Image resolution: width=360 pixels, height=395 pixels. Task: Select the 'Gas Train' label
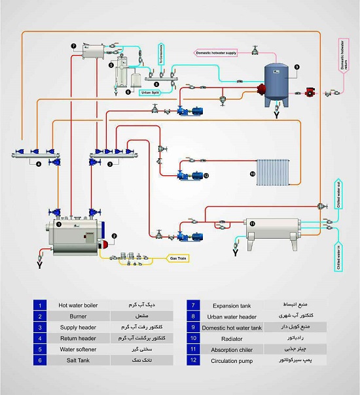tap(179, 258)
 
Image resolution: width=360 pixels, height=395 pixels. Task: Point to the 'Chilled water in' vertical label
tap(338, 256)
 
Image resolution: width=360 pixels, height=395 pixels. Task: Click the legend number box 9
tap(192, 327)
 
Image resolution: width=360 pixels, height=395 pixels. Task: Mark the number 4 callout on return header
tap(38, 163)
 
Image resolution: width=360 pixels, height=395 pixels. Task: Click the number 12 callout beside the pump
tap(206, 175)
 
